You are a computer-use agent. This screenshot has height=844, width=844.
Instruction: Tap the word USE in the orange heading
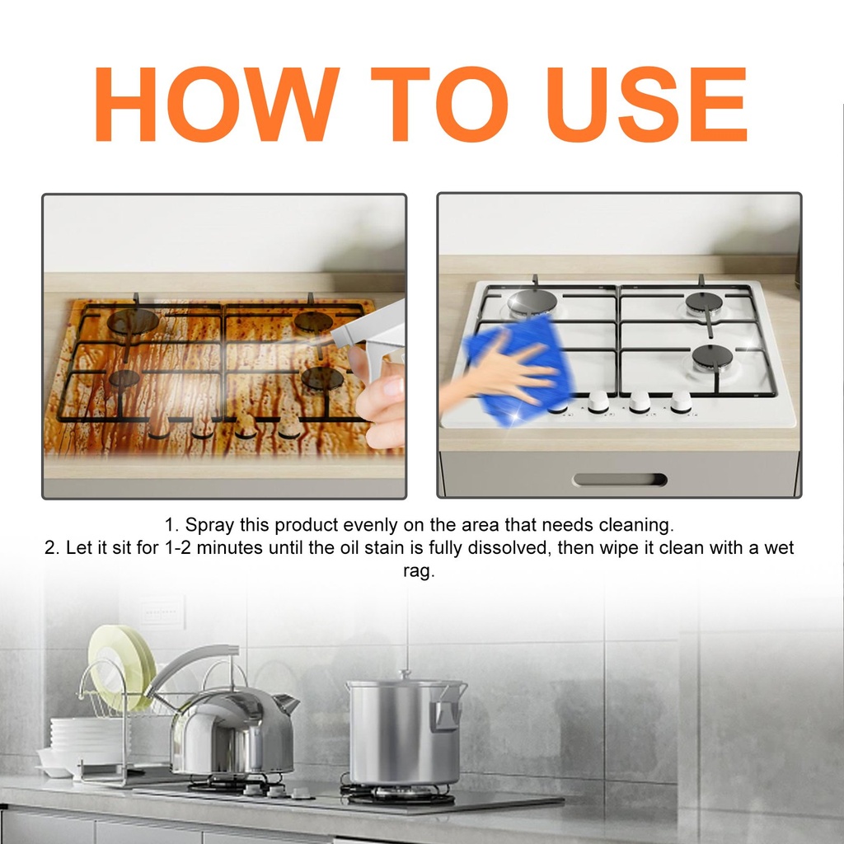click(x=646, y=104)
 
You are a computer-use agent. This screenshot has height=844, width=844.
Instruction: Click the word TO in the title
click(x=439, y=104)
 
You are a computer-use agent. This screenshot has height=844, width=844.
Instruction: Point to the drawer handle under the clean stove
click(x=620, y=480)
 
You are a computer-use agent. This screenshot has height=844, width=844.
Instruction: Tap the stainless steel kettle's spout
click(x=285, y=704)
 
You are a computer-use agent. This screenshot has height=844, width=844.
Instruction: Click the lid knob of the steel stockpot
click(x=406, y=675)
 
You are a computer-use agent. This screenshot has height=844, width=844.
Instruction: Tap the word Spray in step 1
click(x=209, y=525)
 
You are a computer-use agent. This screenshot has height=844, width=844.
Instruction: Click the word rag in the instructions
click(x=418, y=572)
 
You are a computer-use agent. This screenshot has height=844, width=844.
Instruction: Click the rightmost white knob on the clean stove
click(x=681, y=401)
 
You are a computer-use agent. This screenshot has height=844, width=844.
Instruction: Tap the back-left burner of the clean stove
click(x=533, y=302)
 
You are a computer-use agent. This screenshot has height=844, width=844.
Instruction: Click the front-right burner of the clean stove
click(x=713, y=358)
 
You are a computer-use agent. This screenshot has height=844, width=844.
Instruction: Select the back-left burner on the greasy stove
click(x=133, y=322)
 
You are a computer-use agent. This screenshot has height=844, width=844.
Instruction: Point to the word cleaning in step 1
click(x=636, y=525)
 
